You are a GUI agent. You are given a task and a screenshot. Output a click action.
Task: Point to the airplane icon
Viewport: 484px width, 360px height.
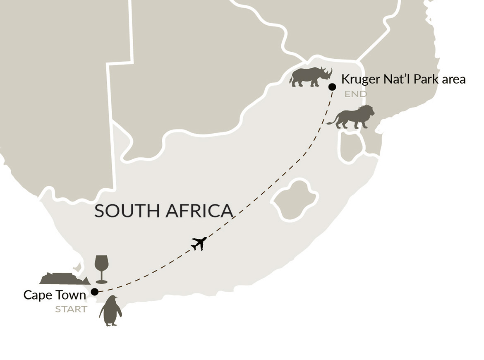pyautogui.click(x=199, y=243)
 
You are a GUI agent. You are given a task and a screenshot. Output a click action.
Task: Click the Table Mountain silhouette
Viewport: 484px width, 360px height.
pyautogui.click(x=64, y=278)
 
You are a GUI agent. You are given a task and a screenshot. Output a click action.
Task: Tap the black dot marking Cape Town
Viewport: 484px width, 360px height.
pyautogui.click(x=94, y=292)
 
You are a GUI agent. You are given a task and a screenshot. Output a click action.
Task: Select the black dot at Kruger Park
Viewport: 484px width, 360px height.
pyautogui.click(x=332, y=87)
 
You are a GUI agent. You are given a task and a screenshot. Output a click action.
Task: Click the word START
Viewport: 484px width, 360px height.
pyautogui.click(x=71, y=309)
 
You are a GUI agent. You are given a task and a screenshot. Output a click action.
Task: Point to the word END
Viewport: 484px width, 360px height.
pyautogui.click(x=355, y=94)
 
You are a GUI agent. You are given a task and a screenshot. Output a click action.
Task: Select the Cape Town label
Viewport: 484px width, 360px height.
pyautogui.click(x=54, y=295)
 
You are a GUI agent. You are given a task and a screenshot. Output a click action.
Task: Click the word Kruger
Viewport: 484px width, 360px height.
pyautogui.click(x=359, y=79)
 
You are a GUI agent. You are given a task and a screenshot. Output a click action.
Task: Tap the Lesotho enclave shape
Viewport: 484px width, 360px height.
pyautogui.click(x=295, y=199)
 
